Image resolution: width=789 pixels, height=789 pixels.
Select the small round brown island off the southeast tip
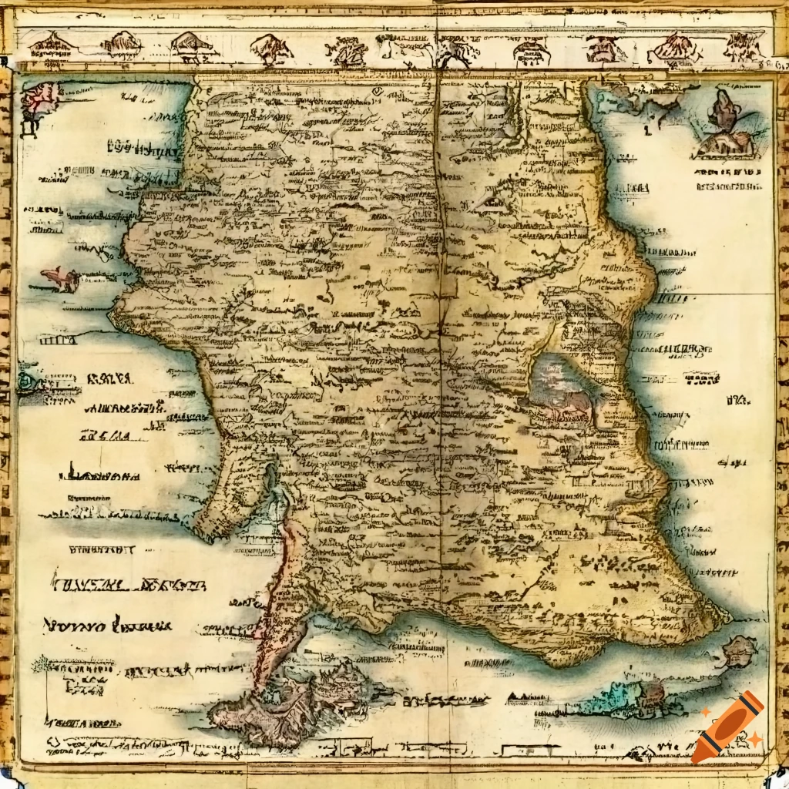(x=738, y=652)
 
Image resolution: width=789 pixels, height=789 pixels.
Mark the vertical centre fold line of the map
(x=438, y=308)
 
